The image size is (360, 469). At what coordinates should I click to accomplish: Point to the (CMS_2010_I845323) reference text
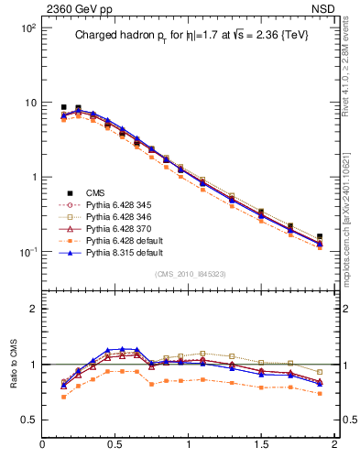[188, 273]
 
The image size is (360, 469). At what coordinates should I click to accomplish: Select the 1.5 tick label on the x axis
[261, 445]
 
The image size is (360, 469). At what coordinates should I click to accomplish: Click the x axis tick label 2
[334, 445]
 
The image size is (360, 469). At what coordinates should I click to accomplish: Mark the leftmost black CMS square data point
[64, 107]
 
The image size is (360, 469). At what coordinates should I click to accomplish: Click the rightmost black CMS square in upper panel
[319, 236]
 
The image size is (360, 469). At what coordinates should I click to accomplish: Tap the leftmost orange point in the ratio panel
[64, 397]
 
